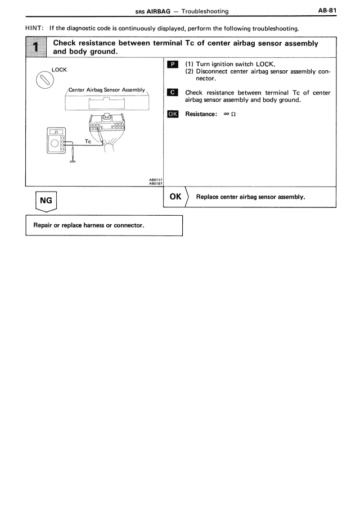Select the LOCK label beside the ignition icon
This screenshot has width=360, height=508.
click(x=59, y=70)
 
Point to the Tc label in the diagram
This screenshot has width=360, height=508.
click(x=87, y=141)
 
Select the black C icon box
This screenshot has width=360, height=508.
click(x=172, y=93)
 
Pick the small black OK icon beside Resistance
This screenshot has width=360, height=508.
click(x=172, y=114)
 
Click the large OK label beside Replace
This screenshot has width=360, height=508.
click(x=175, y=197)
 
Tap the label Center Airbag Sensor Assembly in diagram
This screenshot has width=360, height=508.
click(x=106, y=90)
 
